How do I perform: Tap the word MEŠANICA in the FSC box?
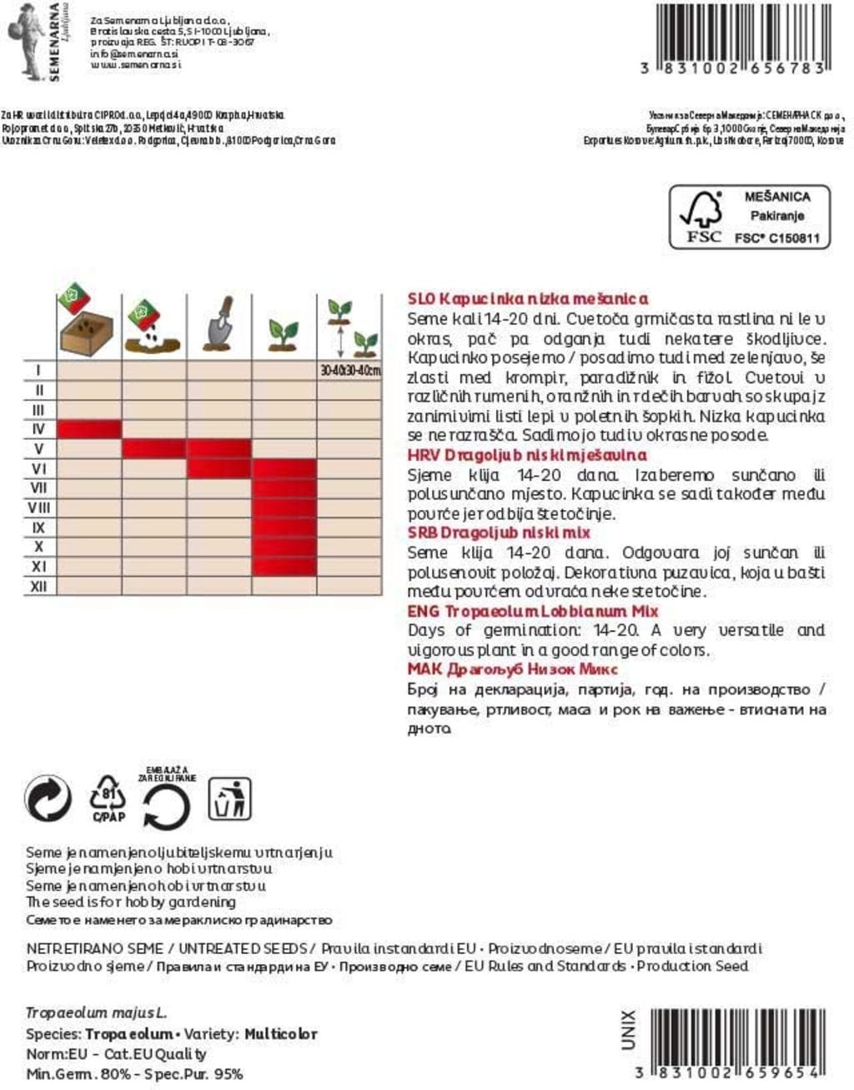[776, 197]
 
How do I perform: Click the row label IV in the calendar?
[38, 429]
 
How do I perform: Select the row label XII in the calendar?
[38, 586]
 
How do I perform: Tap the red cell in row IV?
[88, 429]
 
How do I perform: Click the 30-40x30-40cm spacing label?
[349, 371]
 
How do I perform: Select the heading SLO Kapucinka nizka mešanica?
[527, 299]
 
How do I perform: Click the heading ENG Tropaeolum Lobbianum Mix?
[533, 611]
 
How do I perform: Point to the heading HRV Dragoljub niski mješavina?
[526, 455]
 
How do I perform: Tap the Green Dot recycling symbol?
[48, 800]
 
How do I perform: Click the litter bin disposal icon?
[229, 800]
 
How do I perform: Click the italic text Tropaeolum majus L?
[96, 1013]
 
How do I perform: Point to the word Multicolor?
[280, 1034]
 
